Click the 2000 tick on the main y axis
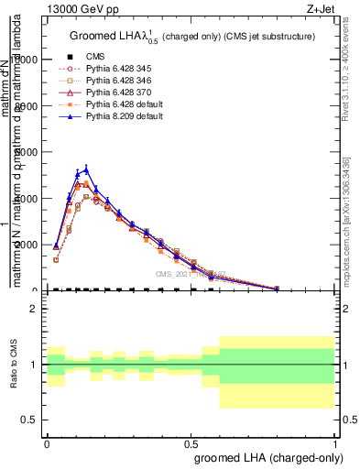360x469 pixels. [25, 245]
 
